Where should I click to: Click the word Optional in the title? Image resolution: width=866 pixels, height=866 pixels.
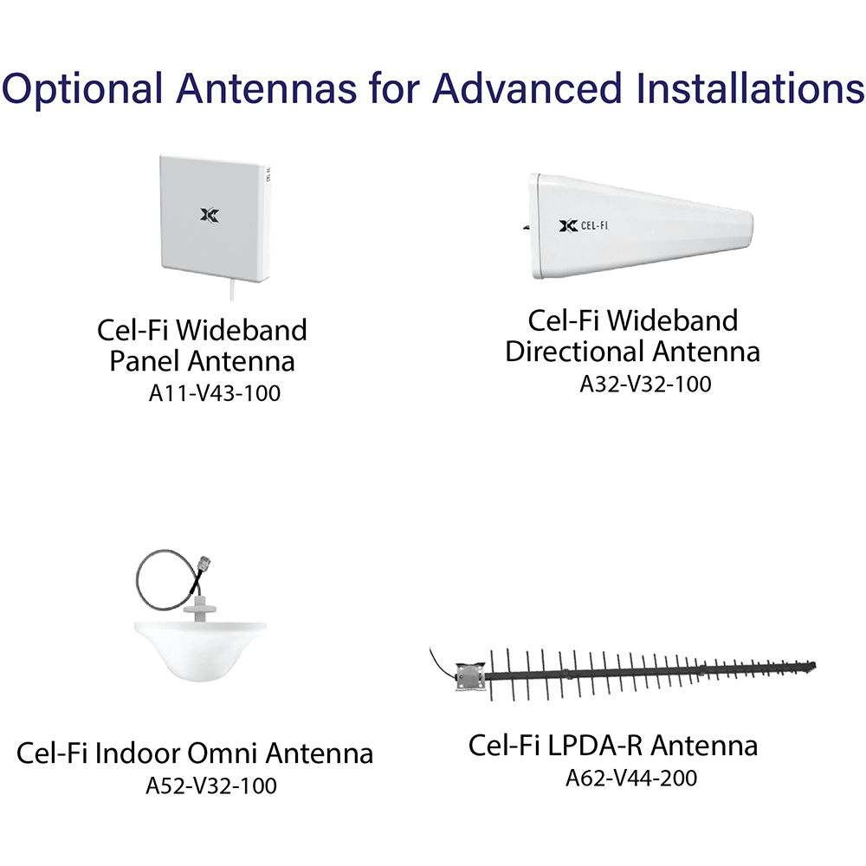82,88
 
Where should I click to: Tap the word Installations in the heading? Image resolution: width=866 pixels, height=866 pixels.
750,87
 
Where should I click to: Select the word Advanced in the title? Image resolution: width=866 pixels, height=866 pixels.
527,87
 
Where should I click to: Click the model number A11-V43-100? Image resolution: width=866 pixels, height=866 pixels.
214,393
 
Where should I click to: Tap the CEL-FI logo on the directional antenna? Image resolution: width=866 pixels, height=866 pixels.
584,226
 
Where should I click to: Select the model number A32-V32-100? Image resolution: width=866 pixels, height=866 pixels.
645,384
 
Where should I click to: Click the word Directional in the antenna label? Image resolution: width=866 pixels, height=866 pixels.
574,352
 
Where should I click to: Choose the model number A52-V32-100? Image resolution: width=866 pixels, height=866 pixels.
211,786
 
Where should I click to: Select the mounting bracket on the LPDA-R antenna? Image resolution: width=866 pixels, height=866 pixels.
469,675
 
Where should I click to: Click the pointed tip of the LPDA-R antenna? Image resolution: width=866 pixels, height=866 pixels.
814,665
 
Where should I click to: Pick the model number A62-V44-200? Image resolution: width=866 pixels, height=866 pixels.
631,779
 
